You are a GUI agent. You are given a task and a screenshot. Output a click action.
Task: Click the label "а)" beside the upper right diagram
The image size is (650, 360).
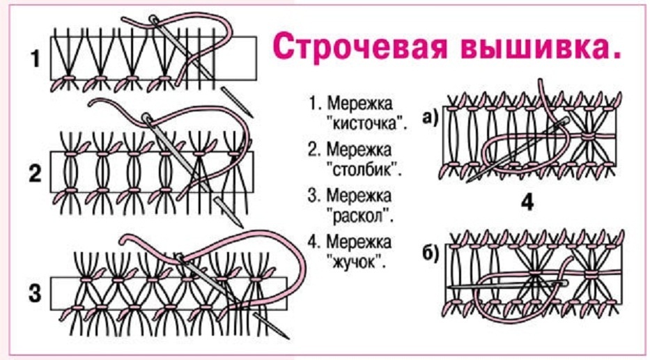click(429, 116)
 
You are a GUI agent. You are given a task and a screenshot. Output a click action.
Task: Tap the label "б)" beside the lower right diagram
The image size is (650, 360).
click(429, 253)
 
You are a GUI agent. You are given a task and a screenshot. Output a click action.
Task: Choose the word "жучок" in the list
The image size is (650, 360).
click(357, 263)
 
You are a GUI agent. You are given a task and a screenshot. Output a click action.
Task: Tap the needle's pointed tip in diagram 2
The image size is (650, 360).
click(240, 226)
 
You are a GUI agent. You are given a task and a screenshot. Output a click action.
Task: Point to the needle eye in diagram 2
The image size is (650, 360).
click(147, 118)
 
